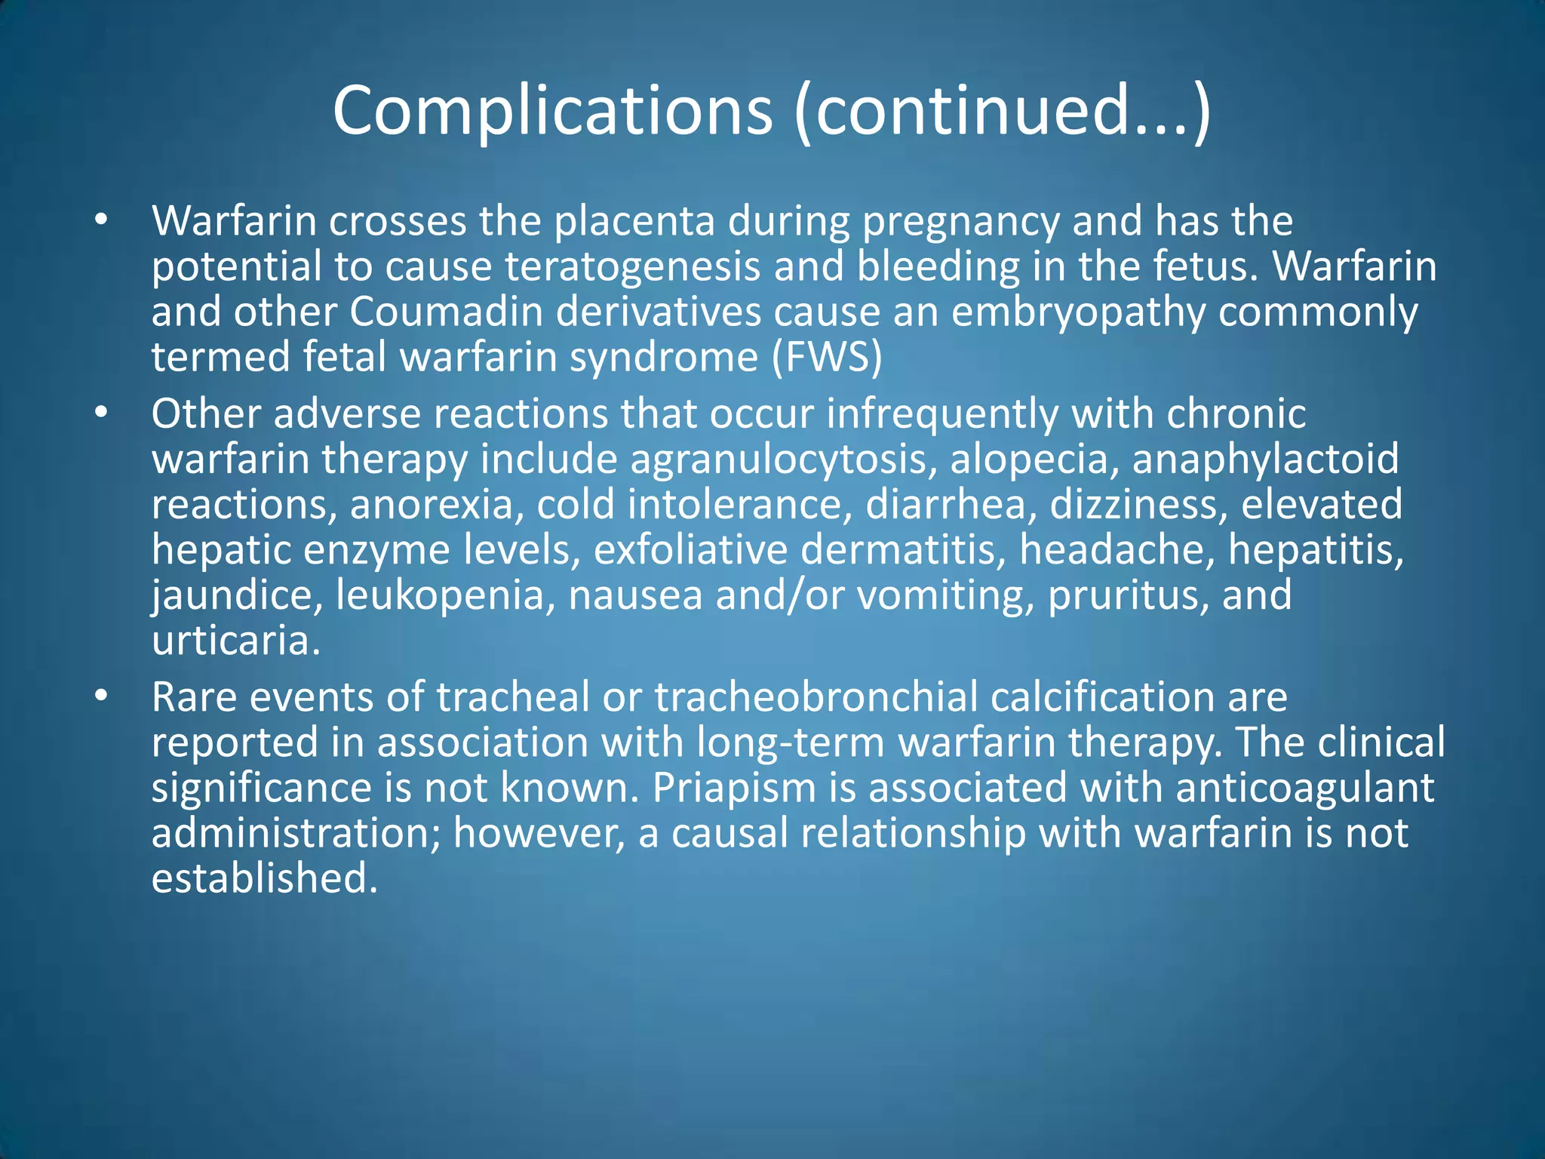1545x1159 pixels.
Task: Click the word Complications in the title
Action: [x=552, y=111]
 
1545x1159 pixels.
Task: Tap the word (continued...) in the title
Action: [x=1003, y=111]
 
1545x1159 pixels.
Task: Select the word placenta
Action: [x=634, y=221]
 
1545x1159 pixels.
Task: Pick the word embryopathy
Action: [x=1078, y=312]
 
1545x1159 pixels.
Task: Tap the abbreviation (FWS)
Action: [x=827, y=357]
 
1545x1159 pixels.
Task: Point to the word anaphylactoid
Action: [x=1265, y=459]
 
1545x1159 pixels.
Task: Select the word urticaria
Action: [x=236, y=640]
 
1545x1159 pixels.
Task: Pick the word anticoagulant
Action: [x=1304, y=787]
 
